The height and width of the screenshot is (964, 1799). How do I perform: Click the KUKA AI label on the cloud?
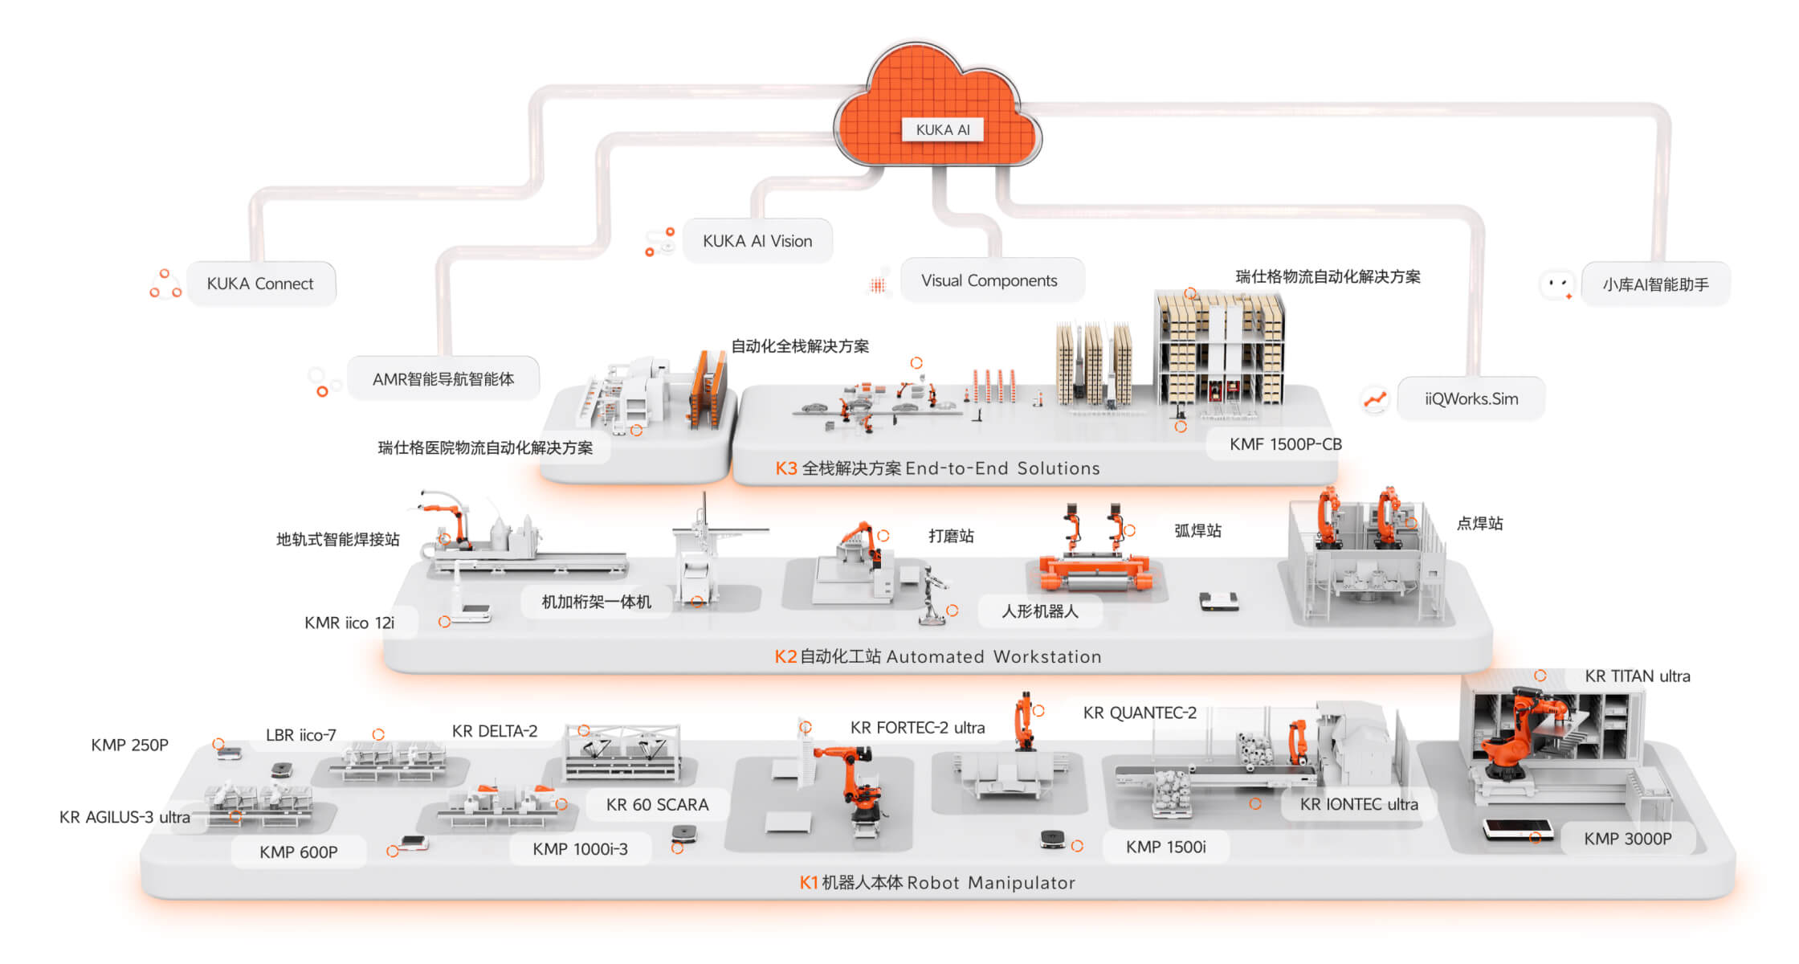pos(943,129)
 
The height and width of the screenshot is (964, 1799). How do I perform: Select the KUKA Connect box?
pos(261,284)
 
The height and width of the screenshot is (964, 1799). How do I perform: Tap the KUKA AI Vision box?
pos(757,241)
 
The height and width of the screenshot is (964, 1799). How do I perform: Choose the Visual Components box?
pos(992,280)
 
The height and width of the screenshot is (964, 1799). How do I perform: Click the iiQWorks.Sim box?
pos(1471,398)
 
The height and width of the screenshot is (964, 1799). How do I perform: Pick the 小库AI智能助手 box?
pos(1655,284)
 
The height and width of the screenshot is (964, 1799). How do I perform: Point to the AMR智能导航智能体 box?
pos(443,378)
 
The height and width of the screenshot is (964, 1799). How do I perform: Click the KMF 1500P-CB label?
pos(1285,444)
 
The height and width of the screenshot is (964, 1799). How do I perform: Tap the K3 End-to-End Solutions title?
pos(937,468)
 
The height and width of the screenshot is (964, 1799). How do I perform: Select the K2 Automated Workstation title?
pos(937,656)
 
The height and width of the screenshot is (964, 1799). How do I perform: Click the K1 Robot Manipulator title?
pos(937,882)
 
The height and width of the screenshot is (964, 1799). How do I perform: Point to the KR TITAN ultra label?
pos(1637,676)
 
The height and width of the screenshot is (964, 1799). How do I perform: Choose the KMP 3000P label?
pos(1627,839)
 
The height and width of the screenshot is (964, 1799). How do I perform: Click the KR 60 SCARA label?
pos(657,804)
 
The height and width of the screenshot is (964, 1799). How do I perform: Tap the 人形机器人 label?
pos(1039,611)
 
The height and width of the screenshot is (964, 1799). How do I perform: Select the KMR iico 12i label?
pos(349,623)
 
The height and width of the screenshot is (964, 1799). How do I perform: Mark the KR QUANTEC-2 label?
pos(1140,713)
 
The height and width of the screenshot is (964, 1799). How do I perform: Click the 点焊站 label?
pos(1479,523)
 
